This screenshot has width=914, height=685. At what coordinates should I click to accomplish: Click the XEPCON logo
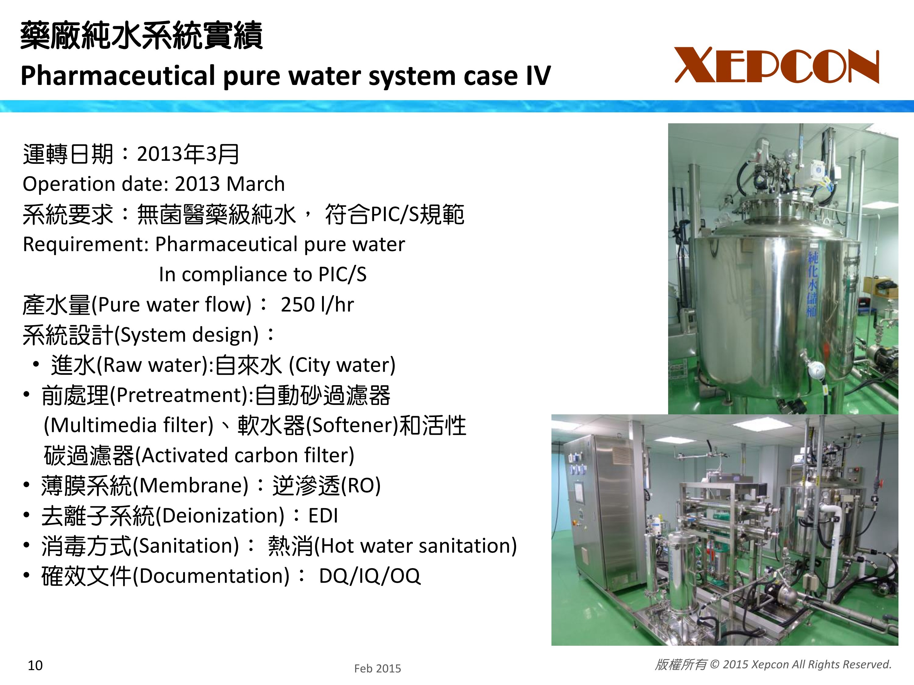point(777,65)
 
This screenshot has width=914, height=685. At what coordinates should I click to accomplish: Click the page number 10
point(35,665)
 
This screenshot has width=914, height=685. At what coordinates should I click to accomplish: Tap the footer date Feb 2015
point(377,669)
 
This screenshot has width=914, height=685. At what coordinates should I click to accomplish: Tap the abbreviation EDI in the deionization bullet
point(323,516)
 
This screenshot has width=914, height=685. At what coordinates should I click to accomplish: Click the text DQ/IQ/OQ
point(370,576)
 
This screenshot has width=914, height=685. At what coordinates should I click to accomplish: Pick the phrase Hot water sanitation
point(416,546)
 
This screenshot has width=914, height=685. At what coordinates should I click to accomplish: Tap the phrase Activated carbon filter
point(245,455)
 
